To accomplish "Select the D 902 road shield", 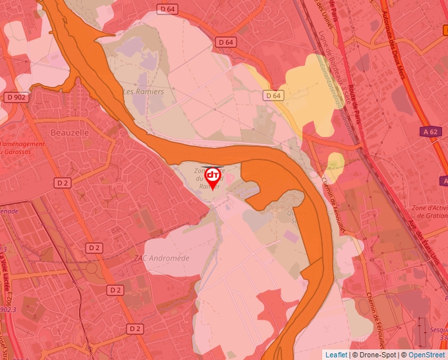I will point(18,97).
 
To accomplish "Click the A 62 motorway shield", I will point(430,132).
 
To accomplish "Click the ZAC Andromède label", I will point(161,258).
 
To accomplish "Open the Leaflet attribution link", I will point(336,355).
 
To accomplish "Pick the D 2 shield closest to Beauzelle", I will point(63,182).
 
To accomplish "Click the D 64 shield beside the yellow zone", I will point(273,95).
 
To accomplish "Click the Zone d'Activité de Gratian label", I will point(428,211).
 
